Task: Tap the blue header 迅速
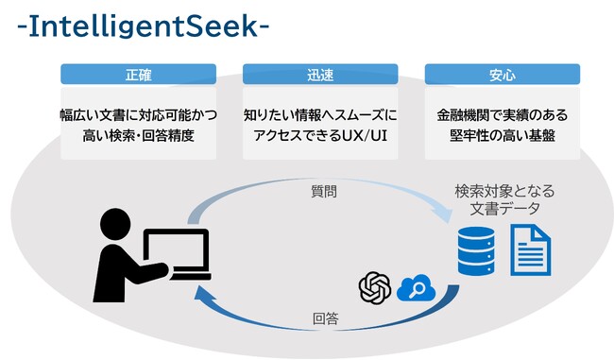pos(320,74)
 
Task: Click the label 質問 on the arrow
pos(323,191)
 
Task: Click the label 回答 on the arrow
pos(325,319)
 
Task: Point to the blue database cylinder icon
pos(475,249)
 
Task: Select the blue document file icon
pos(530,249)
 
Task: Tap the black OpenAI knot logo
pos(375,287)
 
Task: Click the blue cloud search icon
pos(414,287)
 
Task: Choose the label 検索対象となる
pos(504,192)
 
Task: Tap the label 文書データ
pos(504,209)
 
